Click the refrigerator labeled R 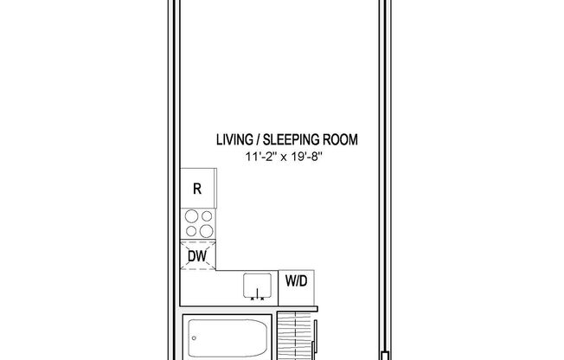[x=198, y=190]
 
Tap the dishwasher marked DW [x=196, y=255]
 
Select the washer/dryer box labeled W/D [x=296, y=281]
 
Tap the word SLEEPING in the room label [x=292, y=138]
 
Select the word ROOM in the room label [x=340, y=138]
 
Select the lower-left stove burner [x=190, y=231]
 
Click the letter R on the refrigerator [x=197, y=190]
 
